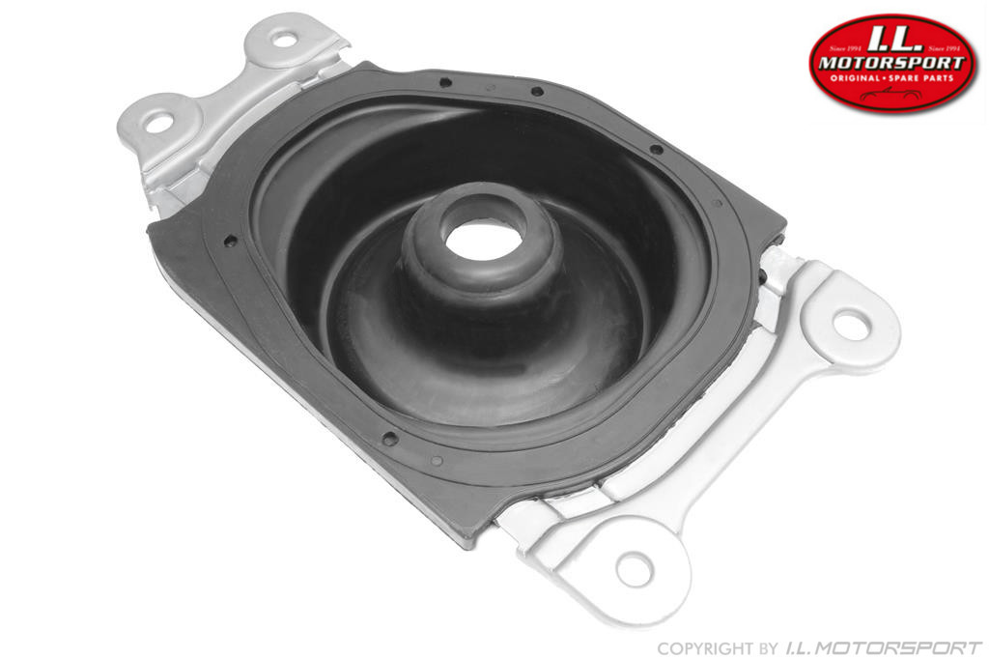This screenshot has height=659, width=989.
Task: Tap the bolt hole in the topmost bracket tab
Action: click(283, 39)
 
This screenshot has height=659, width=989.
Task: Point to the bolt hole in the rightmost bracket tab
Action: click(850, 325)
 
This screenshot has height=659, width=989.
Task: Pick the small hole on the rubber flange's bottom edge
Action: click(389, 438)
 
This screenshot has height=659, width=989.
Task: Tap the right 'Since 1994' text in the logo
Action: click(943, 46)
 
